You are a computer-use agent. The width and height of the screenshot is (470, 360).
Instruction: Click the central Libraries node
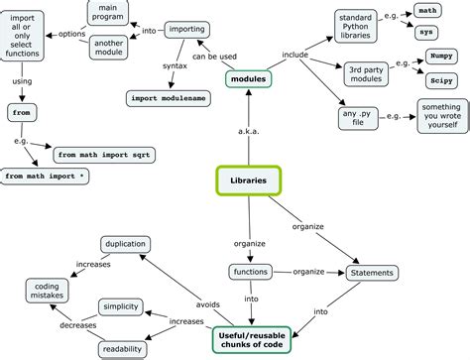248,180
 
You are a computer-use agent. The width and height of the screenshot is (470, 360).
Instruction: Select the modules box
248,77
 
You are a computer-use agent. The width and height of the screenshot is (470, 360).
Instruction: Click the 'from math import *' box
46,177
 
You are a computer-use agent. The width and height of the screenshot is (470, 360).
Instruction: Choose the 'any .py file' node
361,119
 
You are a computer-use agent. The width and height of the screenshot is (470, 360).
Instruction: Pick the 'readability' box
122,349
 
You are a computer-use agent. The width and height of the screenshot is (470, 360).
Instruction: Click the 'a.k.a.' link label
248,130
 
